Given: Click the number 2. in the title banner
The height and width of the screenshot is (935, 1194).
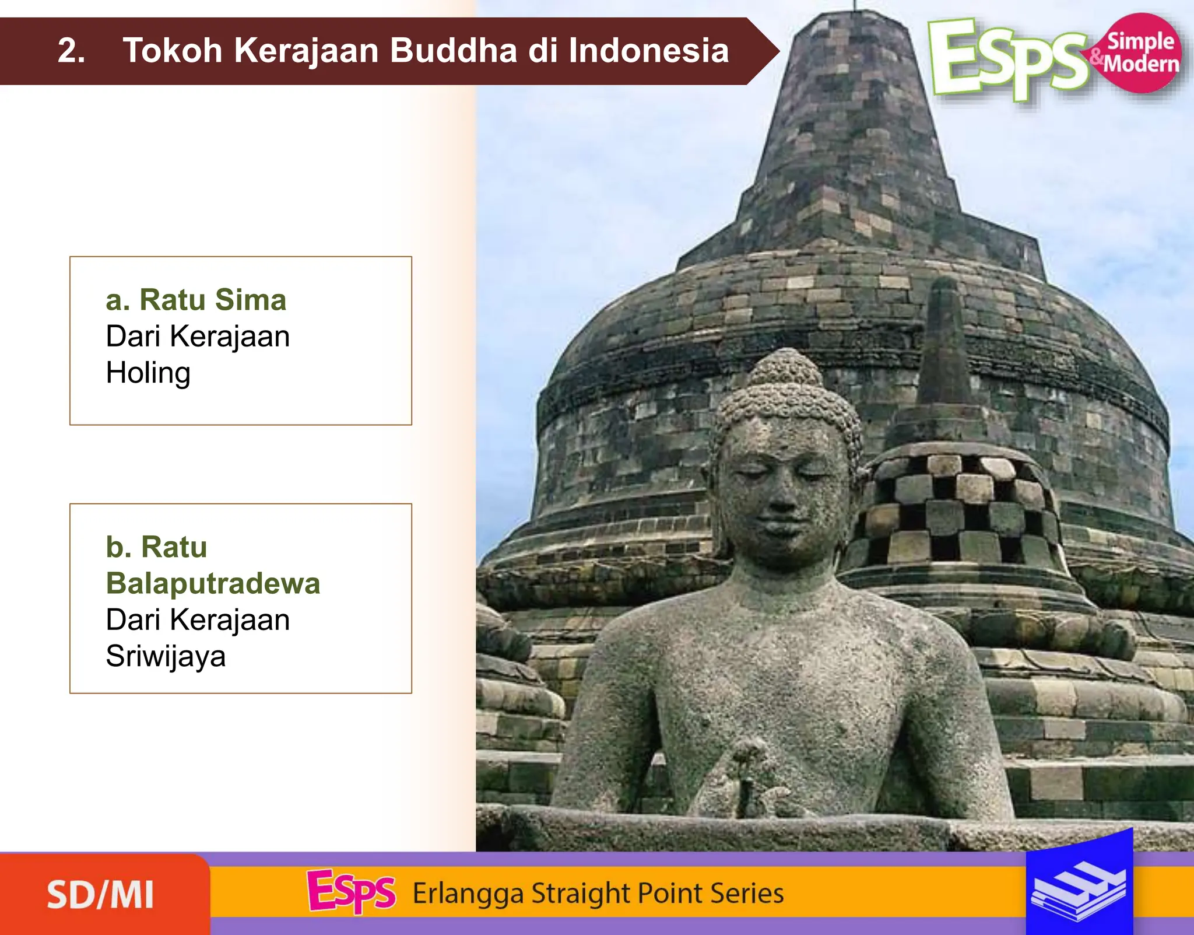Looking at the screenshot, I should point(71,51).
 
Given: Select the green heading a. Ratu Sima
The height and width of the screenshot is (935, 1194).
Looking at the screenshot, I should point(196,300).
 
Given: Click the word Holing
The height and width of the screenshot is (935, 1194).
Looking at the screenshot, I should point(148,373).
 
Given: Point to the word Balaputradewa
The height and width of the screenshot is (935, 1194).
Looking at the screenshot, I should point(213,583).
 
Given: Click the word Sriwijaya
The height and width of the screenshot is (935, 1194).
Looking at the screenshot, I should point(166,656).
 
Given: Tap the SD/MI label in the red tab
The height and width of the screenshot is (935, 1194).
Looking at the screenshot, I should point(100,895).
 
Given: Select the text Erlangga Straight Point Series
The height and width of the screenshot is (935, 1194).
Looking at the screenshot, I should point(598,893).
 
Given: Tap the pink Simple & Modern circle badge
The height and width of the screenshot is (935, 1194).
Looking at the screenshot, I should point(1142,53).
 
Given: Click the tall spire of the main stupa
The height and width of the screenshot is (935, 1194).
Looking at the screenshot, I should point(855,117).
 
